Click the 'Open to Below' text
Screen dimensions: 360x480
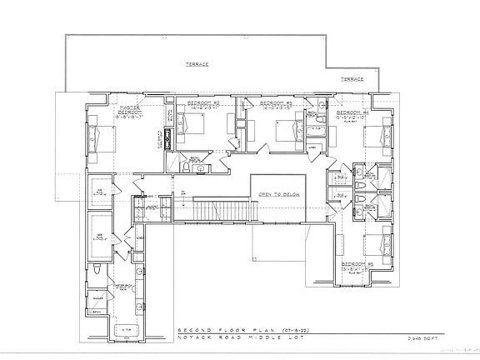click(277, 193)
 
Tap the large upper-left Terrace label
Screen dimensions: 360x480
click(197, 64)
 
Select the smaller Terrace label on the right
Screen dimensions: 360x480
click(351, 78)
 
